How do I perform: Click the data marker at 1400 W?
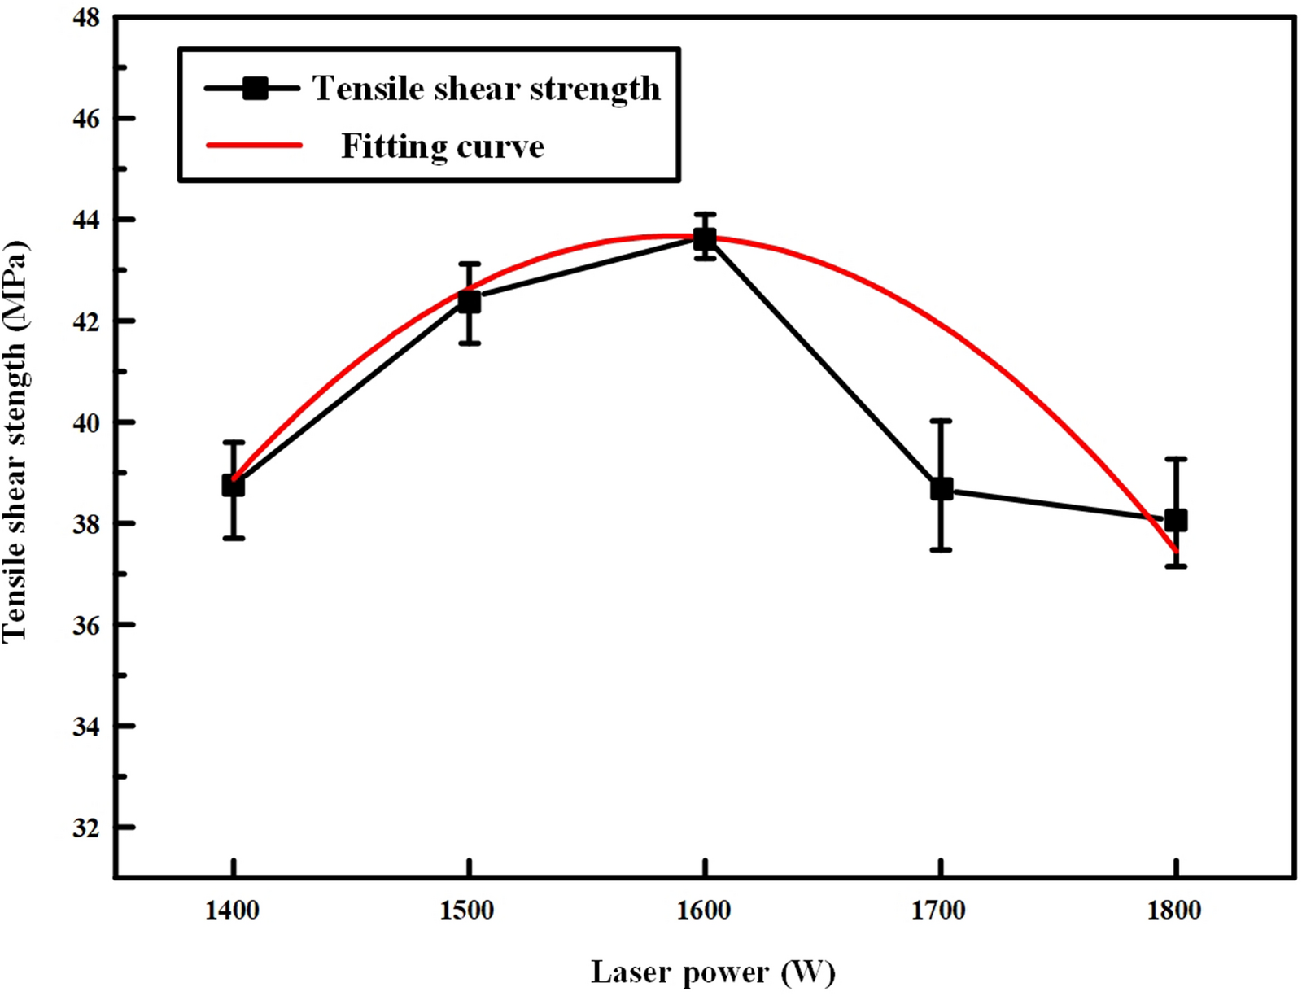pyautogui.click(x=234, y=486)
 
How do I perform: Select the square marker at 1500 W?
pyautogui.click(x=469, y=302)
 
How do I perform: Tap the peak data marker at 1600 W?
pyautogui.click(x=705, y=238)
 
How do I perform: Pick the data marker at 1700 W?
pyautogui.click(x=942, y=489)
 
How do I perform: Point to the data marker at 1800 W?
pyautogui.click(x=1176, y=520)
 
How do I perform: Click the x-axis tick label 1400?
pyautogui.click(x=233, y=910)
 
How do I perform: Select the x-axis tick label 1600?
pyautogui.click(x=704, y=910)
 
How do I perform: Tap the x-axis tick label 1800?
pyautogui.click(x=1174, y=910)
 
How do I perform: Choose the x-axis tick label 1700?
pyautogui.click(x=939, y=910)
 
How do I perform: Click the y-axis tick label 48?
pyautogui.click(x=86, y=18)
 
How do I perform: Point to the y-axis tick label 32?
pyautogui.click(x=86, y=828)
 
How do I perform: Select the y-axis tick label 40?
pyautogui.click(x=86, y=423)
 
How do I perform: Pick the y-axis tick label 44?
pyautogui.click(x=86, y=221)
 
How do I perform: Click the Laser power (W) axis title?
pyautogui.click(x=713, y=972)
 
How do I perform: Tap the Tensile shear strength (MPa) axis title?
pyautogui.click(x=16, y=442)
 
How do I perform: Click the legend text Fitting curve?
pyautogui.click(x=442, y=147)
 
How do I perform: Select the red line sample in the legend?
pyautogui.click(x=254, y=146)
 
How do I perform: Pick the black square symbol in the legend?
pyautogui.click(x=256, y=88)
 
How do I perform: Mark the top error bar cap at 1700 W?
pyautogui.click(x=942, y=421)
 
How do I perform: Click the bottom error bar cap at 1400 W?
pyautogui.click(x=234, y=538)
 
